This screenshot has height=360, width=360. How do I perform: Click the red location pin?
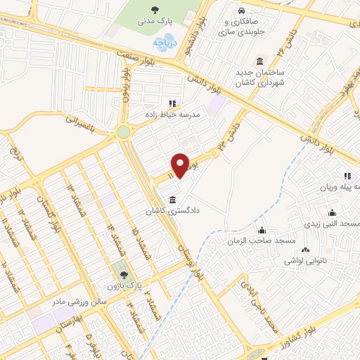(180, 165)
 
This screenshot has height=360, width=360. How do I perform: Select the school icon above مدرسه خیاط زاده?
(172, 103)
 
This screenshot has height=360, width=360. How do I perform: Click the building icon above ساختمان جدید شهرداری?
(260, 61)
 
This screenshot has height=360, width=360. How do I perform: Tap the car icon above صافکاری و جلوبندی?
(241, 11)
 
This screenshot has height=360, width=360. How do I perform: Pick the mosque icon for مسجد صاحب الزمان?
(262, 230)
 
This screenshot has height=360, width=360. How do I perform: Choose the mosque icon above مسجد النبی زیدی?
(332, 213)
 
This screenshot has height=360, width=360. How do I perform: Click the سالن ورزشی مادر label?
(78, 300)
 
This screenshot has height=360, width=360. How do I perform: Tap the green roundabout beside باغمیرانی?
(124, 131)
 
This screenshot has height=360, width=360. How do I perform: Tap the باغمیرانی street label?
(82, 124)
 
